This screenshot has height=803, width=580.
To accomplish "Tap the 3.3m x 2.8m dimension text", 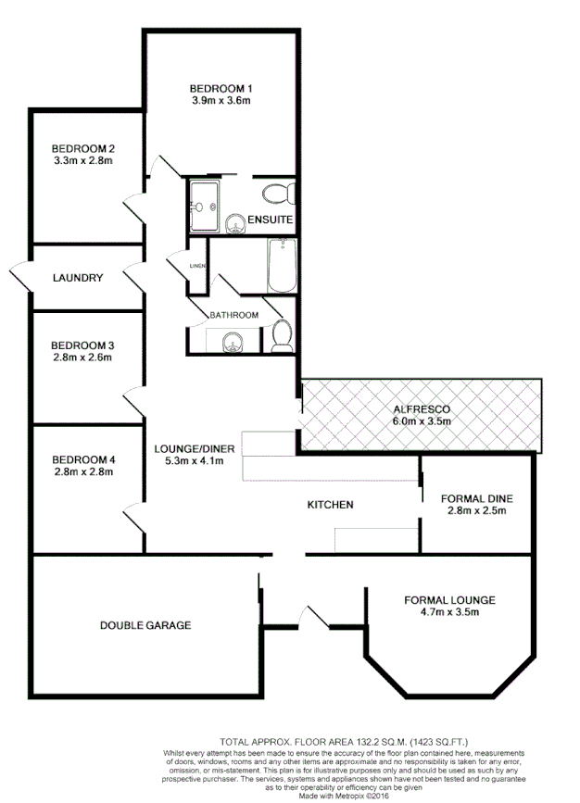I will (82, 160).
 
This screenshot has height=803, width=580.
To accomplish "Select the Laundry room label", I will (77, 278).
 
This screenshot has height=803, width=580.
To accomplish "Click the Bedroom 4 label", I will (82, 459).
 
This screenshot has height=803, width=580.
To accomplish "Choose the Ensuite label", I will (271, 220).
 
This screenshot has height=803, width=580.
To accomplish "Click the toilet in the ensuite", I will (277, 194).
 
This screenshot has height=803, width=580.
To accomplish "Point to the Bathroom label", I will (233, 315).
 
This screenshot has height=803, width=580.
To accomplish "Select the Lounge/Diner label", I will (194, 449).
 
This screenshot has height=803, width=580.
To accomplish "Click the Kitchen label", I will (330, 505).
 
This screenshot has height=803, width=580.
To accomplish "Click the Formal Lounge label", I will (449, 600).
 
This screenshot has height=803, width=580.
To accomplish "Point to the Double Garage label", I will (145, 625).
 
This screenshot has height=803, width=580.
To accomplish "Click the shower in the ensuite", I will (204, 197).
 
